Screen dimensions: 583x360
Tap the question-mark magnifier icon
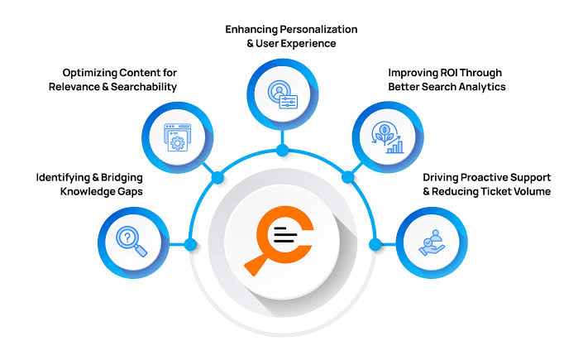point(131,241)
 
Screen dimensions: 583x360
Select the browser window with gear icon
point(177,137)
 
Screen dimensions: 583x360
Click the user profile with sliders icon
point(283,94)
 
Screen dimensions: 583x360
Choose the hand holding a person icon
point(432,242)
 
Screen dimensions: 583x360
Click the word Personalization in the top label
point(318,30)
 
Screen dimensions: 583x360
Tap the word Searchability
point(144,87)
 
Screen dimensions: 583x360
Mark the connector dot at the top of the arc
point(283,151)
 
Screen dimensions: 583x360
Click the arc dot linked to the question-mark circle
point(190,245)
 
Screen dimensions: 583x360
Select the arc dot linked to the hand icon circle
point(375,245)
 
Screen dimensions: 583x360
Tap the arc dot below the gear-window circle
point(217,178)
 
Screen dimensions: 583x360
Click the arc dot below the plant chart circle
point(348,177)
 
